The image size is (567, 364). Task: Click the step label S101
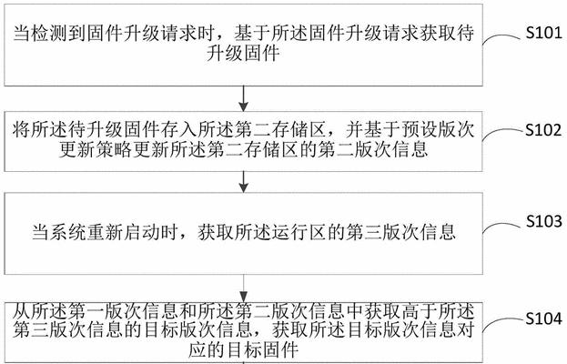tap(544, 33)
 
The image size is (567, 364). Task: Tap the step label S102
tap(544, 130)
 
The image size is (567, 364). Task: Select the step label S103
tap(544, 221)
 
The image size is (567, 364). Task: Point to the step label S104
tap(544, 318)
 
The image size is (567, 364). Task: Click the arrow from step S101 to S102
tap(243, 98)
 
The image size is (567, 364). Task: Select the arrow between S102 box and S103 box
tap(243, 182)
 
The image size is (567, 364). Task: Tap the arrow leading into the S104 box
tap(243, 288)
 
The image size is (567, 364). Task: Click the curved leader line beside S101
tap(502, 39)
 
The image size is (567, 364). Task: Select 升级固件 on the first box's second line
tap(243, 54)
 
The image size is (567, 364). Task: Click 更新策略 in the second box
tap(95, 149)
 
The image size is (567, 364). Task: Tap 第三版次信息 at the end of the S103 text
tap(400, 232)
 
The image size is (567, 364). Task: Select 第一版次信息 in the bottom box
tap(123, 311)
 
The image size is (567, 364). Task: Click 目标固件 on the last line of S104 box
tap(262, 350)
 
